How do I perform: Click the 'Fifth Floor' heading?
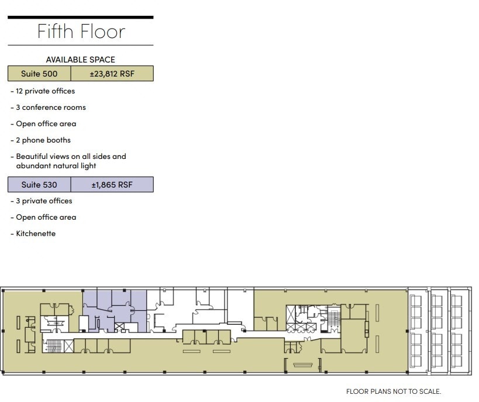pyautogui.click(x=81, y=31)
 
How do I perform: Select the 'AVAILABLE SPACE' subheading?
pyautogui.click(x=81, y=60)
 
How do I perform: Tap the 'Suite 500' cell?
pyautogui.click(x=39, y=74)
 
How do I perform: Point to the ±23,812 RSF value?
pyautogui.click(x=112, y=74)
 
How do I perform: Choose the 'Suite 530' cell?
pyautogui.click(x=39, y=185)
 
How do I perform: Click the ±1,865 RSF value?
pyautogui.click(x=112, y=185)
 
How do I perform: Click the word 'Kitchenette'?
pyautogui.click(x=36, y=234)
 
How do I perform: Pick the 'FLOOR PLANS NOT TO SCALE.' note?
pyautogui.click(x=393, y=391)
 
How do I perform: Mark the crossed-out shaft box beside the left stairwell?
pyautogui.click(x=68, y=346)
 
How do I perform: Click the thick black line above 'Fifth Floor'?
pyautogui.click(x=81, y=18)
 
